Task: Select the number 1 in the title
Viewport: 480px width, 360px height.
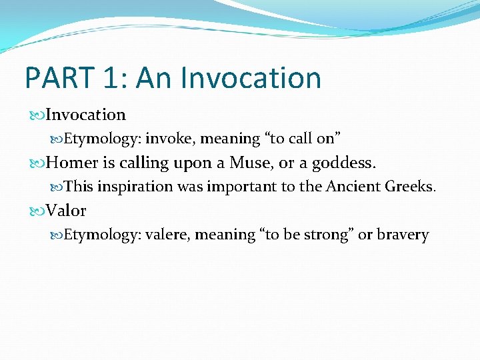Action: click(x=111, y=78)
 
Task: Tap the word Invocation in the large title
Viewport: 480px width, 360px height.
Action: click(x=251, y=78)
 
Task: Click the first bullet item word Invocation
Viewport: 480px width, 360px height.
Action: click(x=85, y=115)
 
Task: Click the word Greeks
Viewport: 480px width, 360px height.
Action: click(x=411, y=187)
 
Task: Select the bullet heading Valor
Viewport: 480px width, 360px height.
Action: click(x=66, y=211)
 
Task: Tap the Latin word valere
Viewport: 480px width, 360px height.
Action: click(x=167, y=235)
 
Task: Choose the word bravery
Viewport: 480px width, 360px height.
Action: click(x=403, y=235)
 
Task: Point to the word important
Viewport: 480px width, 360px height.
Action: click(x=242, y=187)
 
